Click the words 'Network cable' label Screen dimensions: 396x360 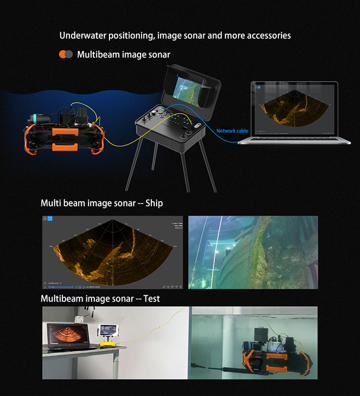232,131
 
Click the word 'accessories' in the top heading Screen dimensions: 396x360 268,36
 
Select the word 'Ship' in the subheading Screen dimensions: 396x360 155,203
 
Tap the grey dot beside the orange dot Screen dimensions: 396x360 70,55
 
